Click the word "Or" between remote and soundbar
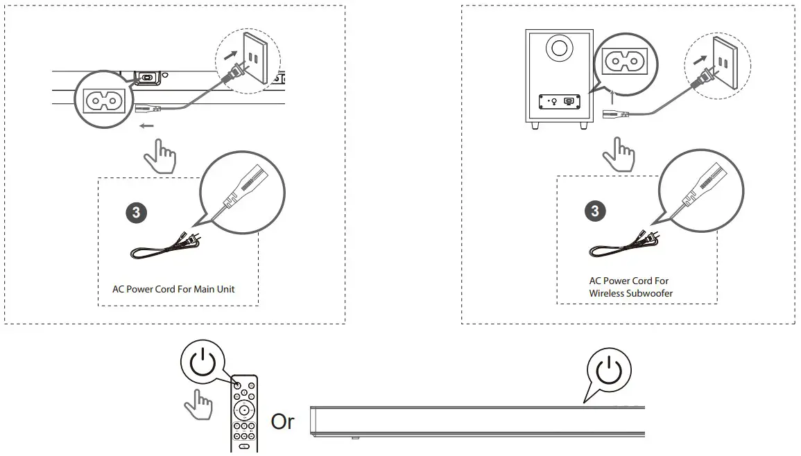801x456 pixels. [x=282, y=421]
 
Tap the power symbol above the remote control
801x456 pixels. [x=203, y=363]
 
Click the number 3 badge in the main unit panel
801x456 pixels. [x=135, y=212]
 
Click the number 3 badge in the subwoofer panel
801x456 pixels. [x=594, y=211]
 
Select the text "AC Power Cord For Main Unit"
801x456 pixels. [x=173, y=289]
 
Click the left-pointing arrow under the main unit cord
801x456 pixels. [x=146, y=126]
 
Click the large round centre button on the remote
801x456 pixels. [x=244, y=408]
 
